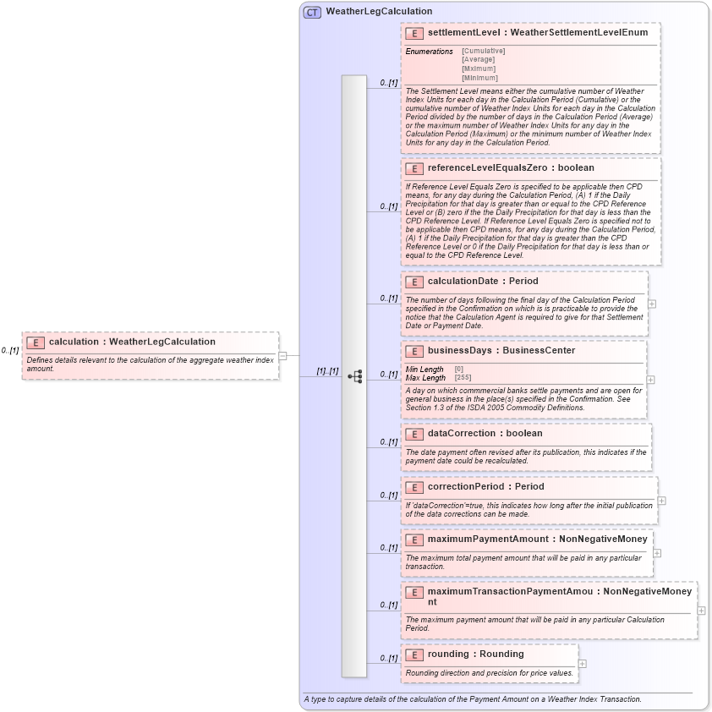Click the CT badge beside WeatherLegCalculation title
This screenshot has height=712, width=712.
pyautogui.click(x=312, y=12)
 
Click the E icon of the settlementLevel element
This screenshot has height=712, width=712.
pyautogui.click(x=414, y=33)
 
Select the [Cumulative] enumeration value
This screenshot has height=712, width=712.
pyautogui.click(x=483, y=51)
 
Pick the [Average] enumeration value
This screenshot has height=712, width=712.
pyautogui.click(x=478, y=60)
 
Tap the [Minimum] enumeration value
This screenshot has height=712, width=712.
pyautogui.click(x=479, y=78)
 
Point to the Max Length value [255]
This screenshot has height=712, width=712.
pyautogui.click(x=463, y=377)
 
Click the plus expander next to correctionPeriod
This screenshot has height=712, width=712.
pyautogui.click(x=661, y=500)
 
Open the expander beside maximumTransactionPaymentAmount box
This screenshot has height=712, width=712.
pyautogui.click(x=701, y=610)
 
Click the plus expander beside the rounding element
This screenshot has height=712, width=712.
pyautogui.click(x=582, y=664)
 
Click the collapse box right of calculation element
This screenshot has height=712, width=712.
pyautogui.click(x=282, y=356)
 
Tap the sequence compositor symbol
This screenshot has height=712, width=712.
pyautogui.click(x=354, y=375)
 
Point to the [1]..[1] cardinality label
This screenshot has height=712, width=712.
pyautogui.click(x=327, y=371)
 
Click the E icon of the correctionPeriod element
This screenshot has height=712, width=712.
pyautogui.click(x=414, y=487)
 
